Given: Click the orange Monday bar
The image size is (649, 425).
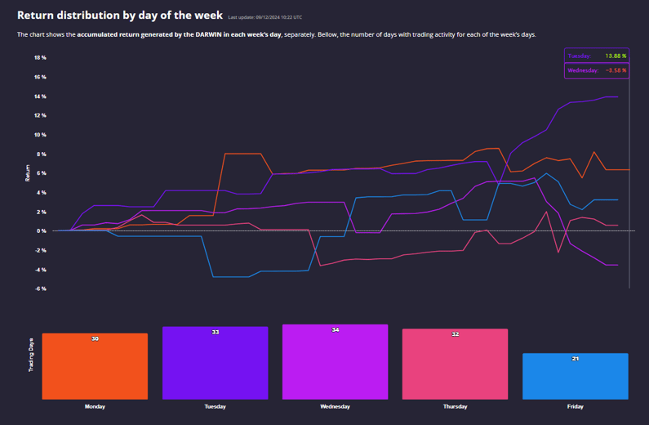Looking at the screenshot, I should pos(95,366).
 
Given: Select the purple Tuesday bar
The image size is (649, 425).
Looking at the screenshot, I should pos(215,363).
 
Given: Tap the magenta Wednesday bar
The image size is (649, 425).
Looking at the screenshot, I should pos(335,362).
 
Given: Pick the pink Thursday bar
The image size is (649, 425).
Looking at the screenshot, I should pos(455,365).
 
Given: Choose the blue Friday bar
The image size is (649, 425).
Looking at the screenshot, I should pos(575,376).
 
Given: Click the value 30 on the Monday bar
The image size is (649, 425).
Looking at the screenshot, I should pos(95,338).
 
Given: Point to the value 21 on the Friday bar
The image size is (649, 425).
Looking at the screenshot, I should pos(575,359).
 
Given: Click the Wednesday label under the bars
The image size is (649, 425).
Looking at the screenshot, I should pos(335,406).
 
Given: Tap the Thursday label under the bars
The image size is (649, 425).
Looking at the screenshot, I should pos(455,406).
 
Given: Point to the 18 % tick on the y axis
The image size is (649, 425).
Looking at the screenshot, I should pos(40,58).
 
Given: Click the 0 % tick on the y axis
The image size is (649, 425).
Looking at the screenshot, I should pos(42,230).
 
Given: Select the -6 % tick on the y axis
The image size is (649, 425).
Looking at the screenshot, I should pos(40,289).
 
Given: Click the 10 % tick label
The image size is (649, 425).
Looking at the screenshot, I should pos(40,135).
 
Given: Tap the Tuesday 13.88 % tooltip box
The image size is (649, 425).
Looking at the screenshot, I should pos(596,56).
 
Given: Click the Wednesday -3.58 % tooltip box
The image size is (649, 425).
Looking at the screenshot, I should pos(596,70).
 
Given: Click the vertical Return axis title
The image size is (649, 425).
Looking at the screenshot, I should pos(28,172).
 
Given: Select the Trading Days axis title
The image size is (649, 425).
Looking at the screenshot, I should pos(32,356).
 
